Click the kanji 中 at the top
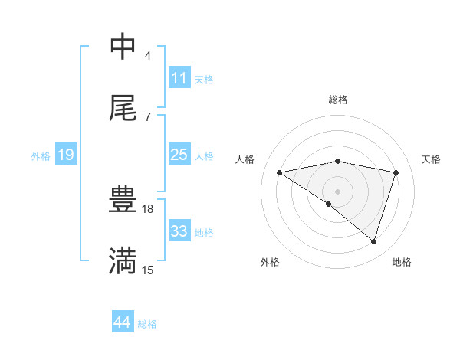[x=123, y=46]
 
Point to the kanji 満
[x=123, y=260]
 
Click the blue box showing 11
[x=179, y=77]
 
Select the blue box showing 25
[x=179, y=155]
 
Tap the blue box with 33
[x=179, y=231]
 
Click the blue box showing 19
[x=66, y=155]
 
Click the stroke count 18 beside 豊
[x=149, y=208]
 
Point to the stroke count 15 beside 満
[x=148, y=270]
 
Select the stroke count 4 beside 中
[x=148, y=55]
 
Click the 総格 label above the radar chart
[x=338, y=100]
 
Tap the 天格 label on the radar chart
[x=432, y=159]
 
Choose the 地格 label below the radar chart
[x=402, y=262]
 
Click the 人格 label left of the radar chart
[x=245, y=159]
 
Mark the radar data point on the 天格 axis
[x=396, y=172]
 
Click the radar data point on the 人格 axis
[x=280, y=172]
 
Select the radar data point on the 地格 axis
[x=374, y=241]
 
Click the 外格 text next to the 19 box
[x=41, y=156]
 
